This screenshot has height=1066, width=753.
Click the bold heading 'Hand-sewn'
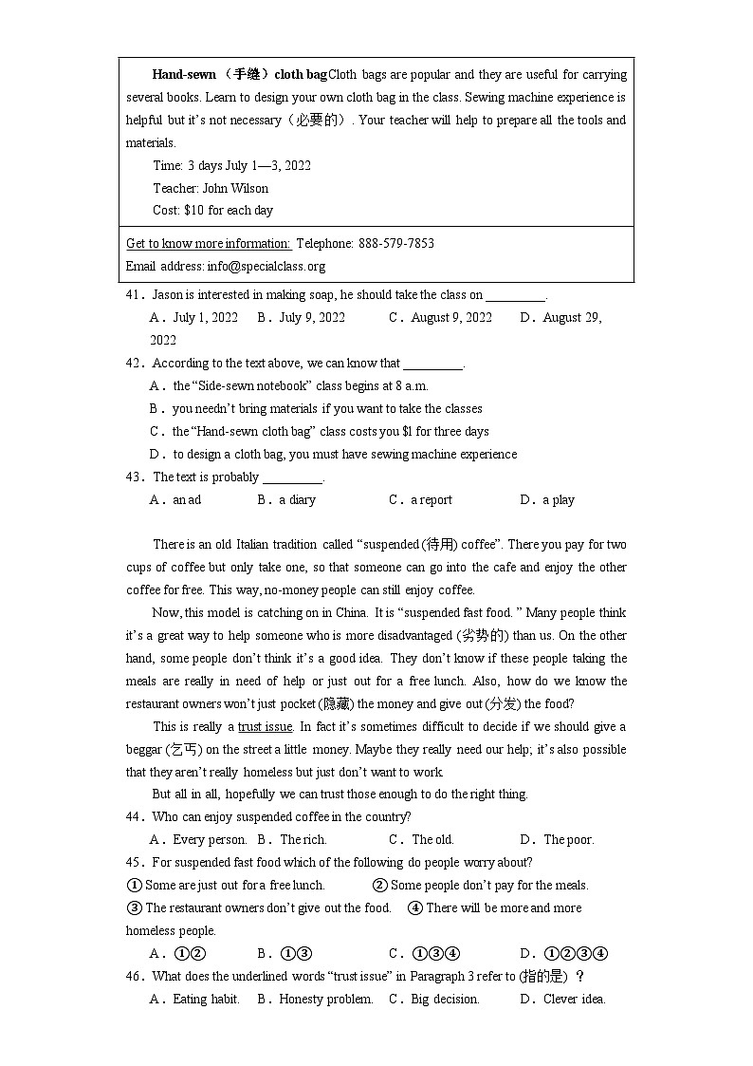(183, 75)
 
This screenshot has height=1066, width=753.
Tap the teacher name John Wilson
(235, 188)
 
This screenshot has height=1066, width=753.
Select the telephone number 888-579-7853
(396, 243)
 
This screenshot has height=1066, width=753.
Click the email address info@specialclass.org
(266, 266)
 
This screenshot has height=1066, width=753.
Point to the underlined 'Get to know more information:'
(208, 243)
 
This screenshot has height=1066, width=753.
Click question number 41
(134, 295)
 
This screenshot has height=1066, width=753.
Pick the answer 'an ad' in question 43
(187, 500)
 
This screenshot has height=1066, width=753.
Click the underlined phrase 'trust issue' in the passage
(265, 727)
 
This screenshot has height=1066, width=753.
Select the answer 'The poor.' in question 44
(568, 840)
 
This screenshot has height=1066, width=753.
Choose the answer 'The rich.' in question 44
(303, 840)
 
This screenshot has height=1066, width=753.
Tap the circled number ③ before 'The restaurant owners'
(134, 908)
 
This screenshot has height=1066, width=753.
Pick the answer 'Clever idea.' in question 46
(574, 1000)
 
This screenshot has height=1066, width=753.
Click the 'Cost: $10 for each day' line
(212, 211)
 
